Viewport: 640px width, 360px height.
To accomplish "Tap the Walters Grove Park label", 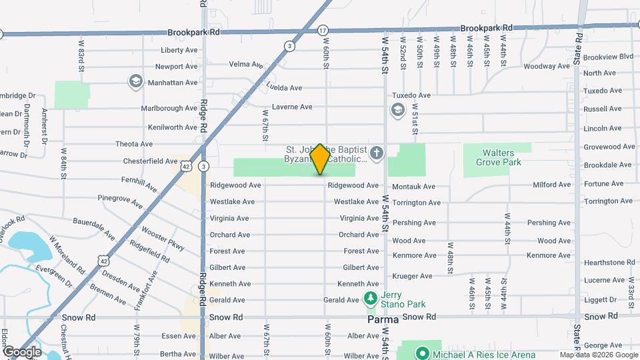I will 497,157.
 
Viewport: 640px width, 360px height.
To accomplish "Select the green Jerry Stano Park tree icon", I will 371,296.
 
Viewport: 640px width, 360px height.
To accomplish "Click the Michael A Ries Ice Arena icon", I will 421,353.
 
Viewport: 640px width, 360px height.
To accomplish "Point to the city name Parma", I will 383,320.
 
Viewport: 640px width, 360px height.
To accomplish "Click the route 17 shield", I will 323,30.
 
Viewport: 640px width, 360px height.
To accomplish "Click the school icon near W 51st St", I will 398,110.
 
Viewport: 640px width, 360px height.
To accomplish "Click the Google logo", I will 21,351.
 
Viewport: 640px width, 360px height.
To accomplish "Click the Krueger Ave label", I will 412,276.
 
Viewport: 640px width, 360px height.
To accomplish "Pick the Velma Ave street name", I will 246,64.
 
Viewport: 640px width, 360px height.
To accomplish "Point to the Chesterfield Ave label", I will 150,161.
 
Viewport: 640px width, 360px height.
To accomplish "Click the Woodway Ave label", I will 547,66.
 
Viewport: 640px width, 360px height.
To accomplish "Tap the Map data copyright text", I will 597,355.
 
